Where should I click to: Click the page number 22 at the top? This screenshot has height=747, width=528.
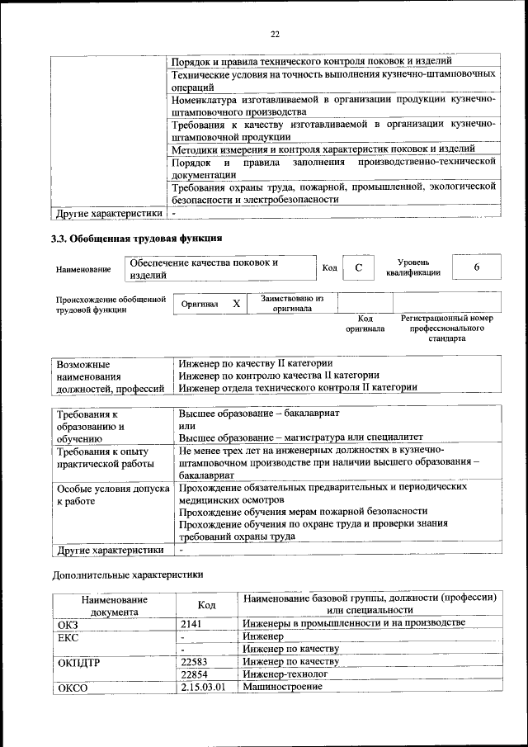point(275,34)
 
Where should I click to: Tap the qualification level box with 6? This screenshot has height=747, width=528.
point(476,268)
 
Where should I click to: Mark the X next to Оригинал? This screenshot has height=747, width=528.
point(236,304)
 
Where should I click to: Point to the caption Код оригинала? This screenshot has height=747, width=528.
point(365,323)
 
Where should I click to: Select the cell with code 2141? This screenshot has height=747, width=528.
point(191,623)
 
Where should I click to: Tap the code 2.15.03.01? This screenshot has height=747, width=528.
point(203,688)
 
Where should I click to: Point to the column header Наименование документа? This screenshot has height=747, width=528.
point(115,606)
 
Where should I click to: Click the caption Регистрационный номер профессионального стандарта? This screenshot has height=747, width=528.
point(446,328)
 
